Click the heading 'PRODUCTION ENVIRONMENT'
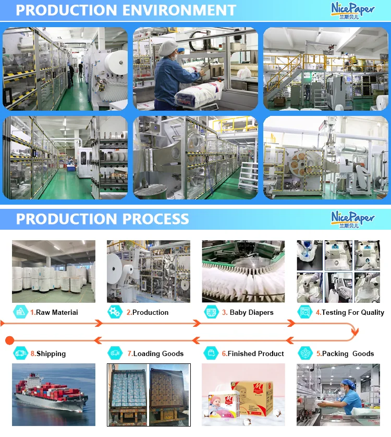(126, 10)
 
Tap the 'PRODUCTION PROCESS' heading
(102, 218)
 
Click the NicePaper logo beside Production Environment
(352, 10)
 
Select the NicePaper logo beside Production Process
(352, 218)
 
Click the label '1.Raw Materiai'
(54, 312)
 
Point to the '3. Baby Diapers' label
(247, 312)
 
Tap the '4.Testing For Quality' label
(350, 312)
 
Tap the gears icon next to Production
(115, 312)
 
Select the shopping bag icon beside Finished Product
(212, 353)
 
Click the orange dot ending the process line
(9, 340)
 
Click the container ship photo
(53, 395)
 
